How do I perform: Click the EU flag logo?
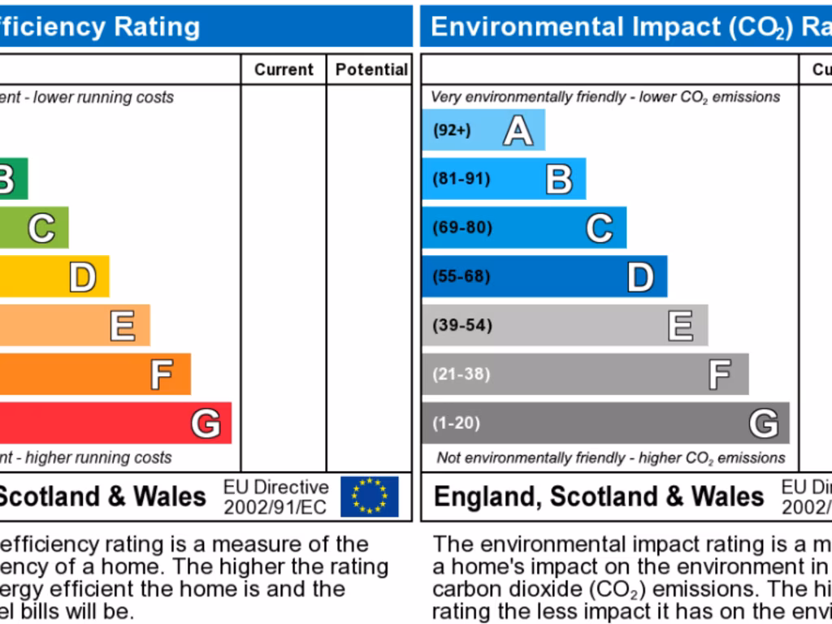(x=370, y=496)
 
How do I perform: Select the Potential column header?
(x=371, y=70)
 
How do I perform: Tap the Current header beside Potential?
(x=284, y=70)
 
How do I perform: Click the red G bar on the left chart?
(x=114, y=423)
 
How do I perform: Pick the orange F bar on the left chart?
(x=93, y=375)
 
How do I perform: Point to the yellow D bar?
(x=53, y=277)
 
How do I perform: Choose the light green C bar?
(x=33, y=228)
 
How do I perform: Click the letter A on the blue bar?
(x=518, y=130)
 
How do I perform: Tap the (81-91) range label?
(x=461, y=179)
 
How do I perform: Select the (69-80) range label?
(x=462, y=227)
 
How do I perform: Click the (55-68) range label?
(x=461, y=276)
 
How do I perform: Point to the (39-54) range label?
(x=462, y=325)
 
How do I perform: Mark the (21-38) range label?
(x=461, y=374)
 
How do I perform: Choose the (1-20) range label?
(x=457, y=422)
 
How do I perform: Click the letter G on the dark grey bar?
(x=764, y=423)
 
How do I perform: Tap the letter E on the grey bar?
(x=681, y=326)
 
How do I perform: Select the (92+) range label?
(x=452, y=130)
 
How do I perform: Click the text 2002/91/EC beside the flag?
(x=276, y=507)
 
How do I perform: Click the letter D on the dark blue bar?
(x=640, y=277)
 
